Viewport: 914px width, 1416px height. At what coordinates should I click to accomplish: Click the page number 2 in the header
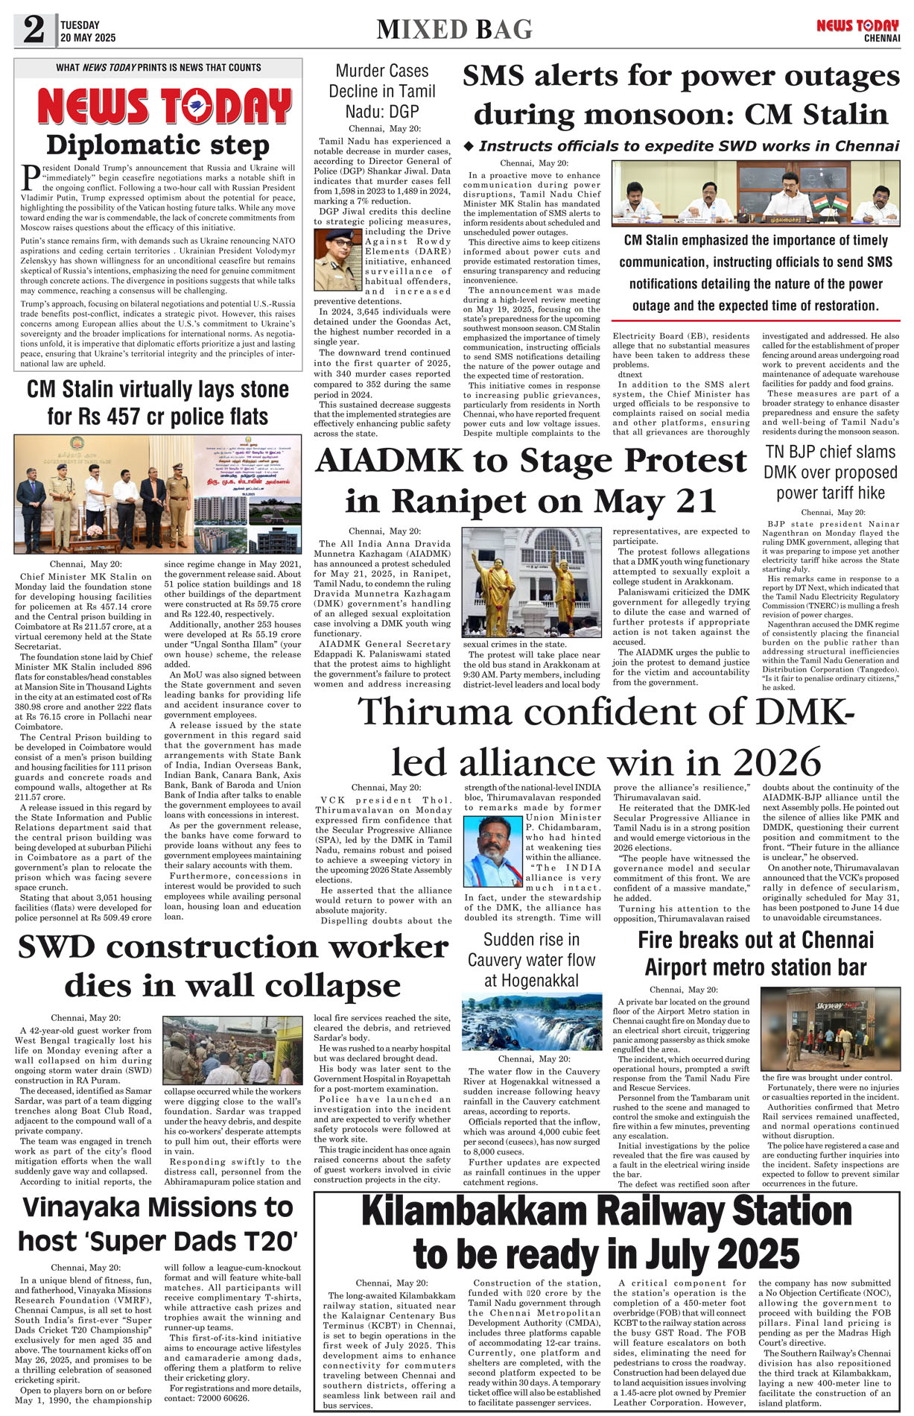[34, 30]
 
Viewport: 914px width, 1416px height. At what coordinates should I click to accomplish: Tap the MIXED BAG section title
[454, 30]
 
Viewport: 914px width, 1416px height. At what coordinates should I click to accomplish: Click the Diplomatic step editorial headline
[157, 145]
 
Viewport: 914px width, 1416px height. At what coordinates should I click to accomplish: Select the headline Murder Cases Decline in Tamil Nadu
[382, 92]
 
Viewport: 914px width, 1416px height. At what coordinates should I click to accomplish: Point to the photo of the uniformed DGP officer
[337, 260]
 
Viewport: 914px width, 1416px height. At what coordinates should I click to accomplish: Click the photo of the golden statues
[532, 581]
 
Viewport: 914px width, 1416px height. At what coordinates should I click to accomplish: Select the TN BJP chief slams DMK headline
[831, 472]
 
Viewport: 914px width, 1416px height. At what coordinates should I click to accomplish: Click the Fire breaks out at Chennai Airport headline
[755, 953]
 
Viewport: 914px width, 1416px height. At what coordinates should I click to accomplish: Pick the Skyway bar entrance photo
[830, 1028]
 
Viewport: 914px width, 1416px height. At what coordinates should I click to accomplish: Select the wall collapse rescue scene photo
[232, 1050]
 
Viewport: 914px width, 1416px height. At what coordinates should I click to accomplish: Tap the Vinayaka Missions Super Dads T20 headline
[158, 1224]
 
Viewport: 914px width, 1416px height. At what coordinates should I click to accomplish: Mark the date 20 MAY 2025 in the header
[88, 37]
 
